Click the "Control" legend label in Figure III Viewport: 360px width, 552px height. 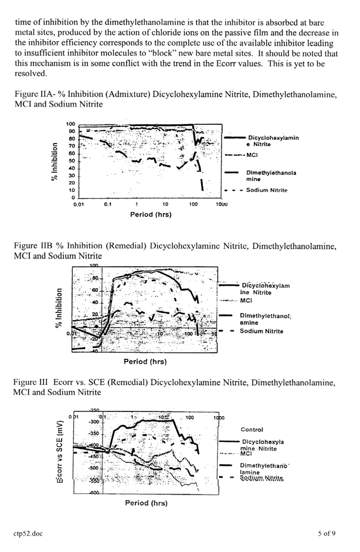tap(252, 430)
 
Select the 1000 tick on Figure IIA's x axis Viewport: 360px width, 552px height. tap(221, 205)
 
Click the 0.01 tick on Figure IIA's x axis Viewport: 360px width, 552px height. tap(79, 205)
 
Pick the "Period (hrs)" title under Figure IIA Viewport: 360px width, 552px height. tap(150, 214)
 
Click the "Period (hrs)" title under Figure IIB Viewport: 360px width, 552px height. tap(150, 362)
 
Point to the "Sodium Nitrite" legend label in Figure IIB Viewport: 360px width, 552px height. tap(261, 331)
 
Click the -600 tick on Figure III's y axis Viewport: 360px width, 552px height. tap(89, 492)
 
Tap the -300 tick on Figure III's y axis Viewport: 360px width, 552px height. tap(91, 421)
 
